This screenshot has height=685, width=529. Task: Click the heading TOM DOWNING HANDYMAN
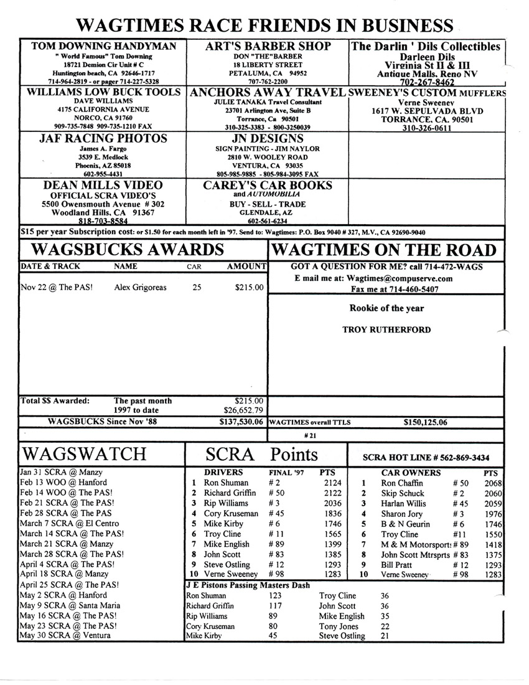click(x=103, y=46)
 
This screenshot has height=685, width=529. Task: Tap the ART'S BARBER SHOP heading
click(x=268, y=46)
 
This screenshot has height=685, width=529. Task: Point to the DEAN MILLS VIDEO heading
click(x=103, y=185)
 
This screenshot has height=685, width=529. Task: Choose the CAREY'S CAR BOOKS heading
click(x=268, y=185)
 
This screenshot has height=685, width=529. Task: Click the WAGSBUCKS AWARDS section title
click(x=127, y=250)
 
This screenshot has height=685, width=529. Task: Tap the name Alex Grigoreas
click(x=142, y=288)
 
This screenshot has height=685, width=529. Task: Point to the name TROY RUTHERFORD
click(x=386, y=329)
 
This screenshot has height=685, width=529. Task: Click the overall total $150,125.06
click(x=426, y=422)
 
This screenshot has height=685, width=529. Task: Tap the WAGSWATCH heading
click(x=85, y=453)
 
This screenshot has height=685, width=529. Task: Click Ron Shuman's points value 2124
click(x=330, y=483)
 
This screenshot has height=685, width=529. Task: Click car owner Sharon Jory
click(x=401, y=514)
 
